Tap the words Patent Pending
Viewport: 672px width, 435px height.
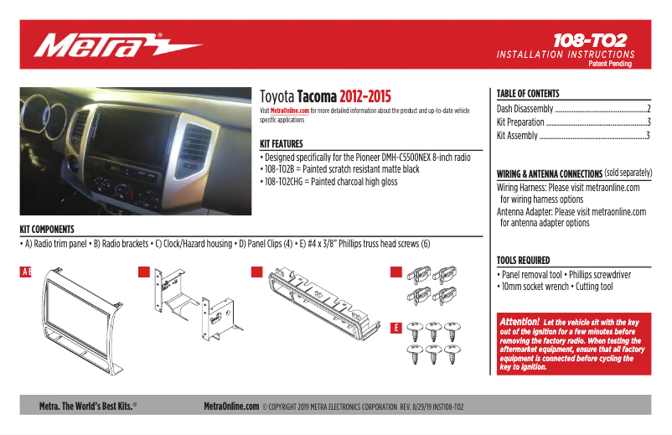tap(611, 64)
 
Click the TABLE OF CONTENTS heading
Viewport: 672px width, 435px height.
tap(528, 94)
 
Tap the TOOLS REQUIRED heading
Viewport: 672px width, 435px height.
tap(523, 261)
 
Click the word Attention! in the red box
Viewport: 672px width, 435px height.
tap(519, 321)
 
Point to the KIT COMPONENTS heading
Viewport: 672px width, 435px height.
tap(47, 229)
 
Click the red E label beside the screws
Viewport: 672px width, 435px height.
tap(395, 328)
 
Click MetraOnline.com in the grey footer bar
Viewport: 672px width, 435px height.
tap(231, 406)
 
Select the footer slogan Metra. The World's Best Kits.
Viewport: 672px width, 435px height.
tap(88, 406)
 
